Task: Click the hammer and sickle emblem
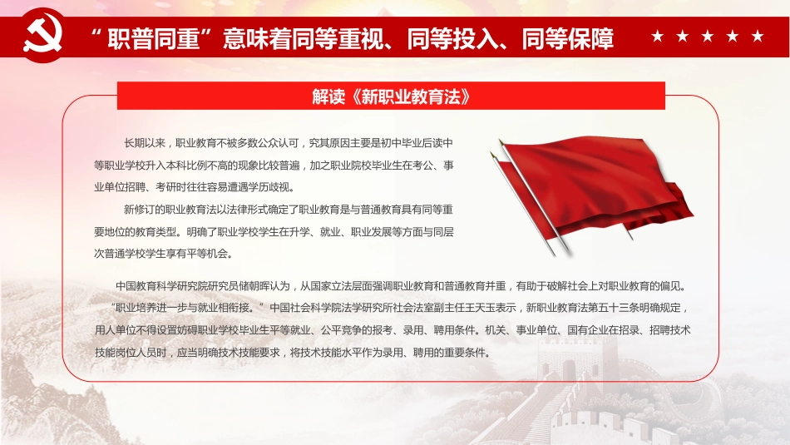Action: coord(37,36)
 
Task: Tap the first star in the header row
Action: coord(658,37)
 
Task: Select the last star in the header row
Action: coord(757,37)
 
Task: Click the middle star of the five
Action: coord(708,37)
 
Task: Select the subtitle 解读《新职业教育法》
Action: coord(392,96)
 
